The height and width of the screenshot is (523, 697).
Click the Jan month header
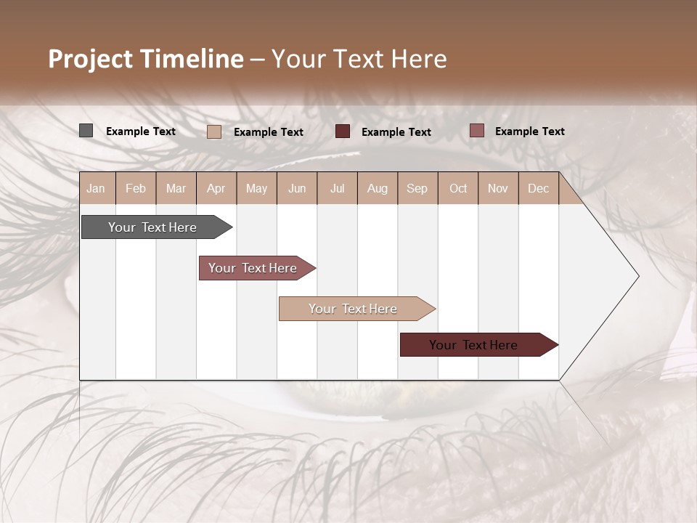(x=97, y=188)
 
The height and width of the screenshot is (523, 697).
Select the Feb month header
(x=136, y=188)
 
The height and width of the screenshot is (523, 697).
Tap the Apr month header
(x=216, y=188)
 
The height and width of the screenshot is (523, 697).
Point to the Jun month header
(x=297, y=188)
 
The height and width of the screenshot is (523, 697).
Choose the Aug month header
(x=378, y=188)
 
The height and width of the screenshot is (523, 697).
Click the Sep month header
(x=417, y=188)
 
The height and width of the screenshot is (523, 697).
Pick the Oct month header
(x=458, y=188)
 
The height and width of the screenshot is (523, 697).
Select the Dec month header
(x=539, y=188)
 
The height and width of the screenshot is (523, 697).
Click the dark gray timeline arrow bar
(x=153, y=227)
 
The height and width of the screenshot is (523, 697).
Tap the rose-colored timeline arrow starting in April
(x=253, y=268)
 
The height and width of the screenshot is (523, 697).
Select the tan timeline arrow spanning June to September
(x=354, y=309)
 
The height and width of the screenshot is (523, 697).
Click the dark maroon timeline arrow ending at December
(x=474, y=345)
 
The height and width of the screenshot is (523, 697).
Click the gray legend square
(x=86, y=131)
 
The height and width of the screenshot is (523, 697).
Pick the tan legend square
(x=213, y=131)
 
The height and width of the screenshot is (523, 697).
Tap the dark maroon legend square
(x=343, y=131)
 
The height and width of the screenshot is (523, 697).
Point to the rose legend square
(x=476, y=131)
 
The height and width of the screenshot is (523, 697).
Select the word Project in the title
(x=91, y=59)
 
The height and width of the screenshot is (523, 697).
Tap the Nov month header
(x=498, y=188)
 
